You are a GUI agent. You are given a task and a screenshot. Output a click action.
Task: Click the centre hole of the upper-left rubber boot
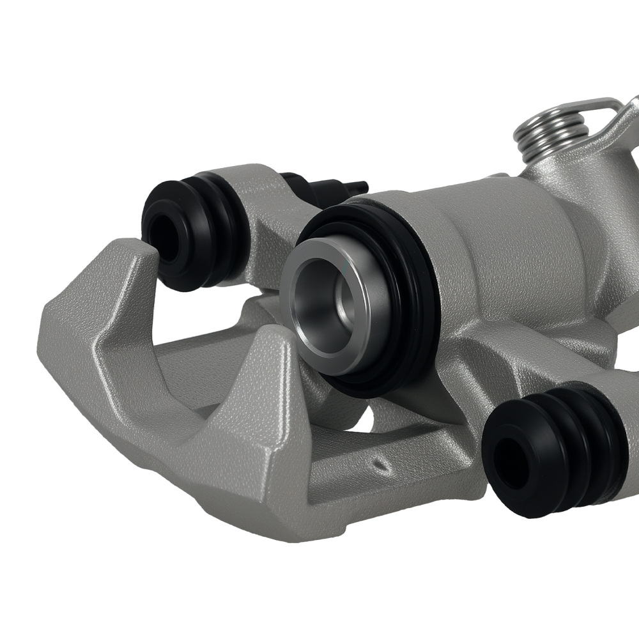pos(164,235)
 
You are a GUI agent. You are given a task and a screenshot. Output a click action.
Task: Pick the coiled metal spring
pos(551,130)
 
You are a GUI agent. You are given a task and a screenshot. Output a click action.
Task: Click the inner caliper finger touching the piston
pos(281,358)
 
